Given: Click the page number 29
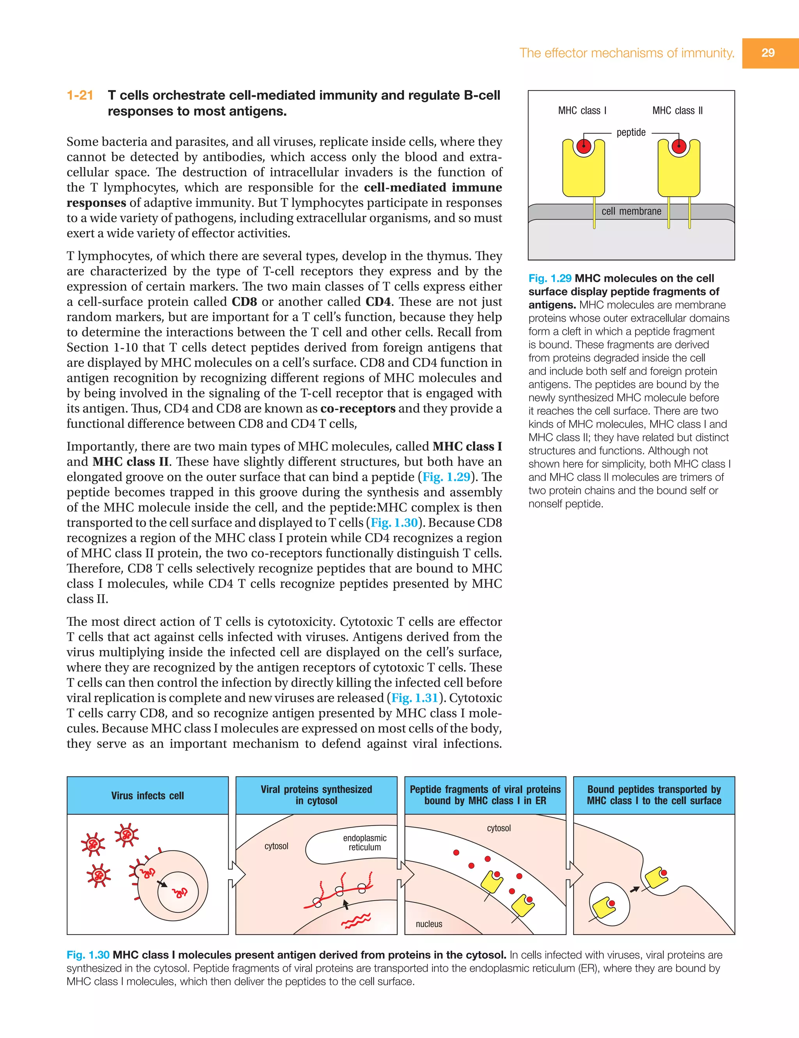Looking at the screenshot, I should [768, 53].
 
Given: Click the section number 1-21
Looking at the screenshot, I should [80, 96].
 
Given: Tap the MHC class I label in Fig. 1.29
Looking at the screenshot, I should [582, 111].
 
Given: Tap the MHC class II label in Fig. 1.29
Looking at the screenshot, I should [677, 111].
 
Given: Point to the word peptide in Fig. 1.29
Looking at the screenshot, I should [631, 133].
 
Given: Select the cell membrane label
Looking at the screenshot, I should [631, 212].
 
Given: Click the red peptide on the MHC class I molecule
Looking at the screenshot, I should [583, 146].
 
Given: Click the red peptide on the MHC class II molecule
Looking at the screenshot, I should [679, 146].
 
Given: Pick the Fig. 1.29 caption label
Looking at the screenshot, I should [550, 278].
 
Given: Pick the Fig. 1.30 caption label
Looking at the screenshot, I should [88, 955].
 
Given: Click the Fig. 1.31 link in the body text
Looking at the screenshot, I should [415, 698].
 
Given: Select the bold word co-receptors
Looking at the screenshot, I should [358, 409].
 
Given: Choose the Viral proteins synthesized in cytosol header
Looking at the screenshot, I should [316, 795].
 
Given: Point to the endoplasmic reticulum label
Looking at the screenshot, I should [364, 843].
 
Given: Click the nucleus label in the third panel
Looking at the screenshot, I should [429, 924].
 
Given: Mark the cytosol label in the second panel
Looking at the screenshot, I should [277, 846].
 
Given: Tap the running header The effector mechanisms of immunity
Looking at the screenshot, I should [627, 53].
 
